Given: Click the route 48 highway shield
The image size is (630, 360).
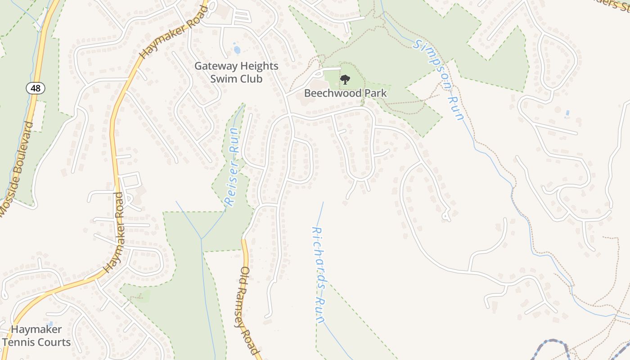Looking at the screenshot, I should [36, 88].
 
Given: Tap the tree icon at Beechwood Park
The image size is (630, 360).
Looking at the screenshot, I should [345, 80].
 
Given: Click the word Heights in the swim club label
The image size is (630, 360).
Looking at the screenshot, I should [259, 66].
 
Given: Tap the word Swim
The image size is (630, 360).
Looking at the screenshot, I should [223, 79].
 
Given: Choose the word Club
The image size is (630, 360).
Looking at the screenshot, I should [250, 79].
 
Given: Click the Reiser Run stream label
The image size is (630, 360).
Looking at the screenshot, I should [232, 166].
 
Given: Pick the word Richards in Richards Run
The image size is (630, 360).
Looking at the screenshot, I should [318, 252].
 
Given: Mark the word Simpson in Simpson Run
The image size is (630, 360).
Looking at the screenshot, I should [432, 63].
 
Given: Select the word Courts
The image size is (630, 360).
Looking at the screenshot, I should [53, 342].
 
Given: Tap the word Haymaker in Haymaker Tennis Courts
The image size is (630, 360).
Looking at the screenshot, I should [36, 329].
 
